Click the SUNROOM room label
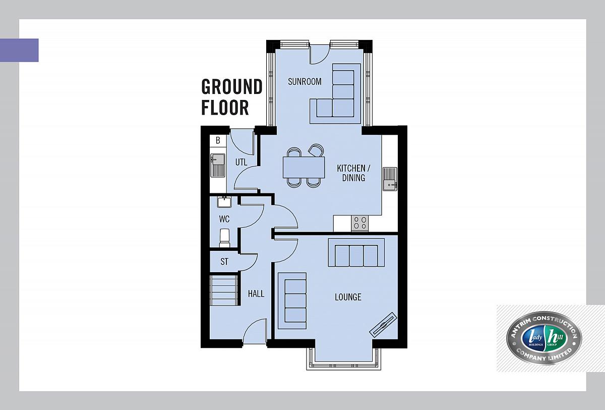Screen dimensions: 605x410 pos(305,81)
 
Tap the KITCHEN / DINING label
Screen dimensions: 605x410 pos(353,173)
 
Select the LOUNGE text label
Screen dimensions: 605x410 pos(348,297)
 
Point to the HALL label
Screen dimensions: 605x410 pos(256,294)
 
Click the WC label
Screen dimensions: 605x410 pos(224,219)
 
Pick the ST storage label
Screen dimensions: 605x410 pos(224,262)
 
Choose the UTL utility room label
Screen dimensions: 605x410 pos(241,162)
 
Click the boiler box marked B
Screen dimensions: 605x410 pos(218,140)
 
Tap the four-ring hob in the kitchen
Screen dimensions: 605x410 pos(360,223)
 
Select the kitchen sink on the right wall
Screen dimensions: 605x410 pos(390,179)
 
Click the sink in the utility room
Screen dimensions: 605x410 pos(218,166)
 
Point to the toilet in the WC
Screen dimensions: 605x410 pos(224,238)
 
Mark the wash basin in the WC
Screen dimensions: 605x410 pos(224,202)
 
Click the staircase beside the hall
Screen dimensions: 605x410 pos(224,290)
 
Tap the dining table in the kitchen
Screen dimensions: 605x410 pos(304,168)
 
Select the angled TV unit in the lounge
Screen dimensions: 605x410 pos(383,325)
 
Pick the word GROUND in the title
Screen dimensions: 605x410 pos(232,86)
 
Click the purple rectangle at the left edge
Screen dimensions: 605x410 pos(19,50)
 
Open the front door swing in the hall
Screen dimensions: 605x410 pos(255,332)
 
